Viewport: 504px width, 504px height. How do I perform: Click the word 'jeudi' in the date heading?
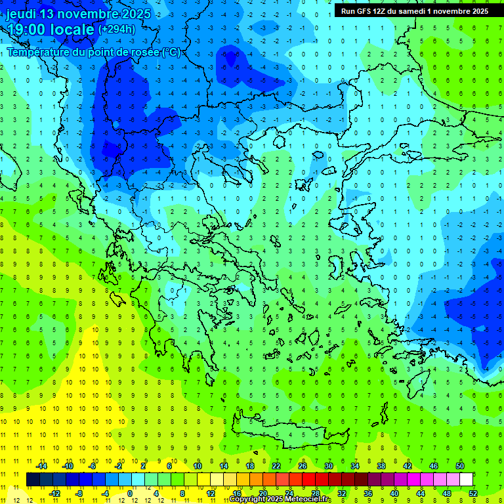coord(21,14)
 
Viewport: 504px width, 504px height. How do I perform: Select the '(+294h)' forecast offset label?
coord(117,30)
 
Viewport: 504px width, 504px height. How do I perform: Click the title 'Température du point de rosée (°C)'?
coord(93,52)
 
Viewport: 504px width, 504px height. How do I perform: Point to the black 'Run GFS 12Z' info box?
coord(414,11)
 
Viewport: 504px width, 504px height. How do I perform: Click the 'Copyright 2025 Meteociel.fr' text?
coord(280,499)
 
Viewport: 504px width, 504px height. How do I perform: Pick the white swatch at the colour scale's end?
coord(467,480)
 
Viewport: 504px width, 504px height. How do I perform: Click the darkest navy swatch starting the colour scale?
coord(33,480)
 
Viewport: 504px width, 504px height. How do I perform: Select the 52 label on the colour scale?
coord(474,493)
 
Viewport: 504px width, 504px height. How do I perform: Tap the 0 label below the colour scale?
coord(130,493)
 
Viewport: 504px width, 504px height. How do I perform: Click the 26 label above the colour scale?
coord(303,466)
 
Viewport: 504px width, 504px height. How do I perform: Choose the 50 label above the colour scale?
coord(460,466)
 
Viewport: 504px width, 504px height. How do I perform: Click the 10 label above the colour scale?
coord(198,466)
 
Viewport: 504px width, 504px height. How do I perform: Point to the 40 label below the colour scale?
coord(394,493)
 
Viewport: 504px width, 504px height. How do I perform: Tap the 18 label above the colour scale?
coord(250,466)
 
